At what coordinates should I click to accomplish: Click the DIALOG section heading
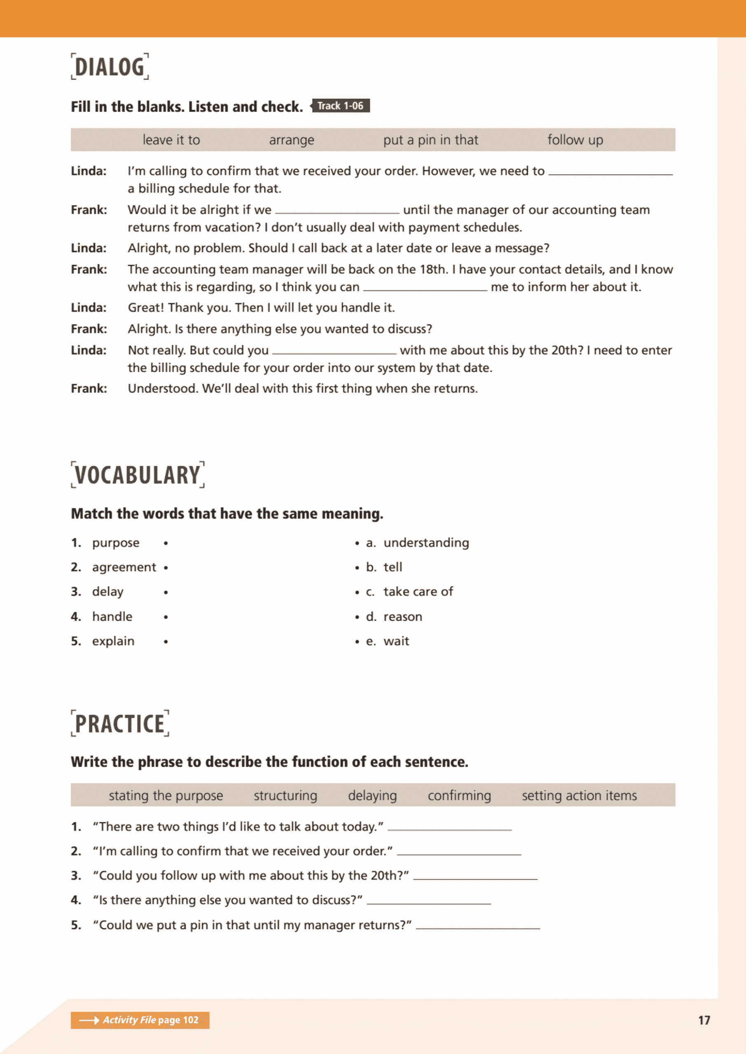pos(110,67)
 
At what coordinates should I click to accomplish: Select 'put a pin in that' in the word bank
pos(430,140)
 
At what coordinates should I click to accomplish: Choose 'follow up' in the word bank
pos(575,140)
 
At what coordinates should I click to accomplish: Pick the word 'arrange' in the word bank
pos(291,140)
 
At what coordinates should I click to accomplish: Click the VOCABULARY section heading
pos(138,475)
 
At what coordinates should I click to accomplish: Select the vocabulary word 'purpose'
pos(116,543)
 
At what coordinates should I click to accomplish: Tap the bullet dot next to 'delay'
pos(166,592)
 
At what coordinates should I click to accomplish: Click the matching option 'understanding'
pos(426,543)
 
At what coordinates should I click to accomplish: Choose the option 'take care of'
pos(418,592)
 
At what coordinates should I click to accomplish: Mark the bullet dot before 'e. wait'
pos(357,641)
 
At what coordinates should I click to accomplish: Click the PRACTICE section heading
pos(120,724)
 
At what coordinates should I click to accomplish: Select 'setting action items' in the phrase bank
pos(579,795)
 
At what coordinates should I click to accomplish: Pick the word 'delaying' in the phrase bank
pos(372,795)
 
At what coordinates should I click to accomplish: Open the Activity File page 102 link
pos(140,1020)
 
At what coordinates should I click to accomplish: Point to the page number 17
pos(704,1020)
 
